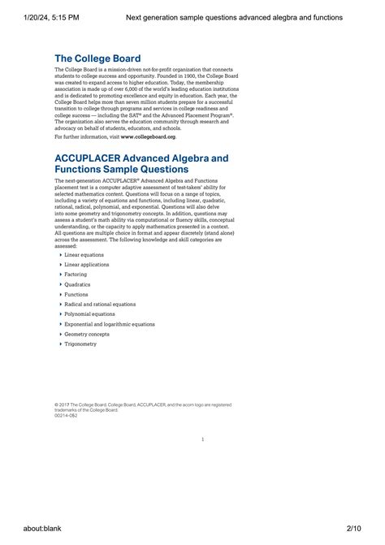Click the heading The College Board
(x=97, y=58)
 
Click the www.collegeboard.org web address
(x=148, y=136)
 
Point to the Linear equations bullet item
(x=84, y=255)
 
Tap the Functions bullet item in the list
(x=76, y=294)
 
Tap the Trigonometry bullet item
(x=80, y=344)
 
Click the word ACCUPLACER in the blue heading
(x=94, y=156)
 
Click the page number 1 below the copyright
(x=202, y=439)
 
